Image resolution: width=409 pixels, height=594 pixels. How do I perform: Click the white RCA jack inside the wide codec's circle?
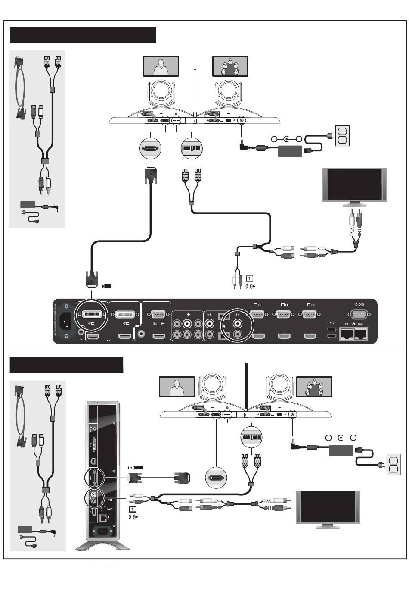pyautogui.click(x=237, y=323)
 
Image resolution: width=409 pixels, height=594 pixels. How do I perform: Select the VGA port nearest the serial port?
pyautogui.click(x=309, y=315)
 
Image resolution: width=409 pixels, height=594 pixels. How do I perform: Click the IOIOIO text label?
pyautogui.click(x=359, y=304)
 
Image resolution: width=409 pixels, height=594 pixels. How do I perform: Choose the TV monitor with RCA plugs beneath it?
pyautogui.click(x=355, y=185)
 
